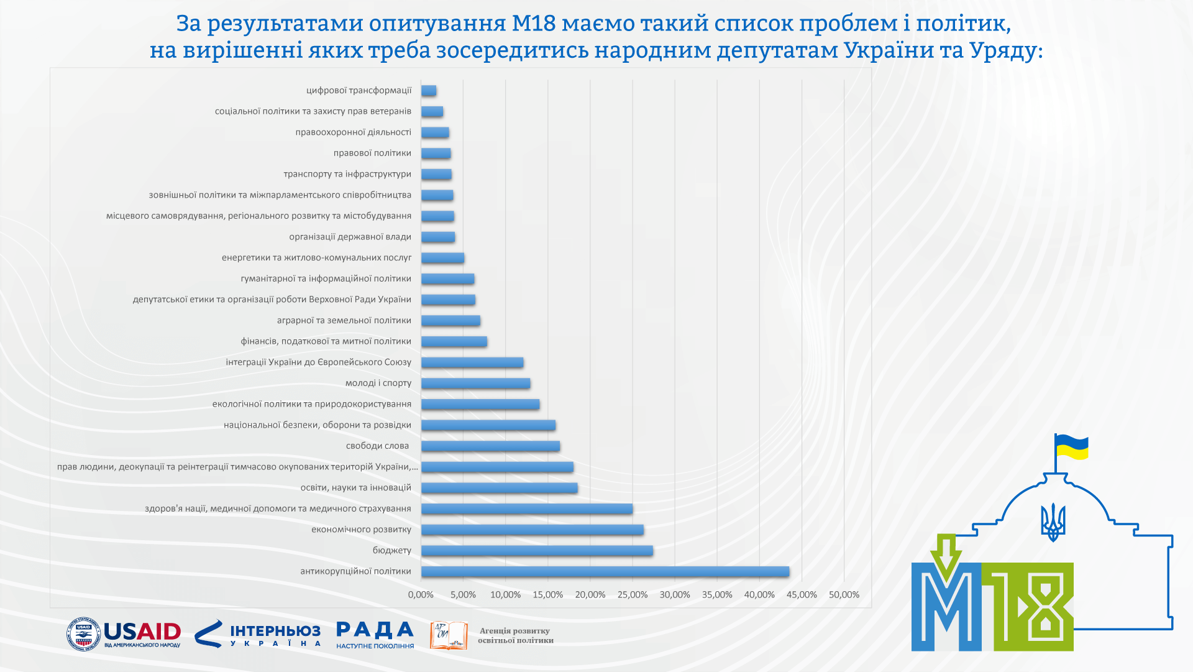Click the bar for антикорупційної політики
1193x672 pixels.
(x=605, y=571)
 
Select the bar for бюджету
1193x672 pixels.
(x=537, y=551)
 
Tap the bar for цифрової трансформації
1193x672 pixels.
(x=428, y=91)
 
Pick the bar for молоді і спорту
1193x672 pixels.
(x=475, y=384)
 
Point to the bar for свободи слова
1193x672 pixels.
(x=490, y=446)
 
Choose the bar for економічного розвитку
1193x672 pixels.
(x=532, y=530)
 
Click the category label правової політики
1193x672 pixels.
(x=372, y=154)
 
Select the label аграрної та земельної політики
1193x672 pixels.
(x=344, y=321)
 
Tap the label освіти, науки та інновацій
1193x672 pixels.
(x=356, y=488)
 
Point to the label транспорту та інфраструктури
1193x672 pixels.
(x=347, y=174)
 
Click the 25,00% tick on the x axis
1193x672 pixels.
(x=633, y=595)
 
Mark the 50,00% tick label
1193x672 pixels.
(x=844, y=595)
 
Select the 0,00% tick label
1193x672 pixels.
(x=421, y=595)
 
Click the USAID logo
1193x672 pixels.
(x=124, y=634)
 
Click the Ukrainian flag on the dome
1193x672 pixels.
(x=1072, y=448)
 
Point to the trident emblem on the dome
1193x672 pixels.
(x=1053, y=522)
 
